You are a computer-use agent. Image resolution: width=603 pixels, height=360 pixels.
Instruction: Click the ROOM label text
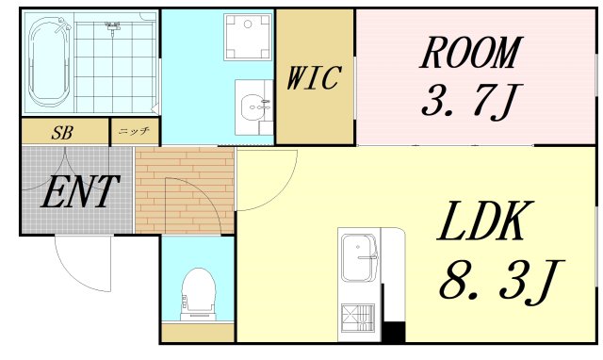tap(471, 53)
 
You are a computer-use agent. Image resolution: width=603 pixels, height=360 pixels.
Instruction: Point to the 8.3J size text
tap(501, 281)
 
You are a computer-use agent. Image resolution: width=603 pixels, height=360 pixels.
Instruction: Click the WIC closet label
tap(314, 77)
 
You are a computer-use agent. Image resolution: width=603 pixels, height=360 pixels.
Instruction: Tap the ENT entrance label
tap(80, 191)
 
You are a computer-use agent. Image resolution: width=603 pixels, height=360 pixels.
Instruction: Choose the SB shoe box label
tap(62, 133)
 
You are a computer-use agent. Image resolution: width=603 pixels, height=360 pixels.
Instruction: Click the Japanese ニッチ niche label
tap(134, 131)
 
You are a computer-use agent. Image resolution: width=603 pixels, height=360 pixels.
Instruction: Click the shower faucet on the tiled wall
tap(113, 27)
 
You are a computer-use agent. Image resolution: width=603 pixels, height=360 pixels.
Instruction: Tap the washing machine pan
tap(248, 38)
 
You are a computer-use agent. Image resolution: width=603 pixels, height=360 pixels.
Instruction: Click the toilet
tap(198, 294)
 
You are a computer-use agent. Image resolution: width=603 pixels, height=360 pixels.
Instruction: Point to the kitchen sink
tap(360, 257)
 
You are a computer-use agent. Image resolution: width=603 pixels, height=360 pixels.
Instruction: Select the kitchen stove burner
tap(358, 318)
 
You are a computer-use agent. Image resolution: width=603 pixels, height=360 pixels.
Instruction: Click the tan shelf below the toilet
tap(198, 333)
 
